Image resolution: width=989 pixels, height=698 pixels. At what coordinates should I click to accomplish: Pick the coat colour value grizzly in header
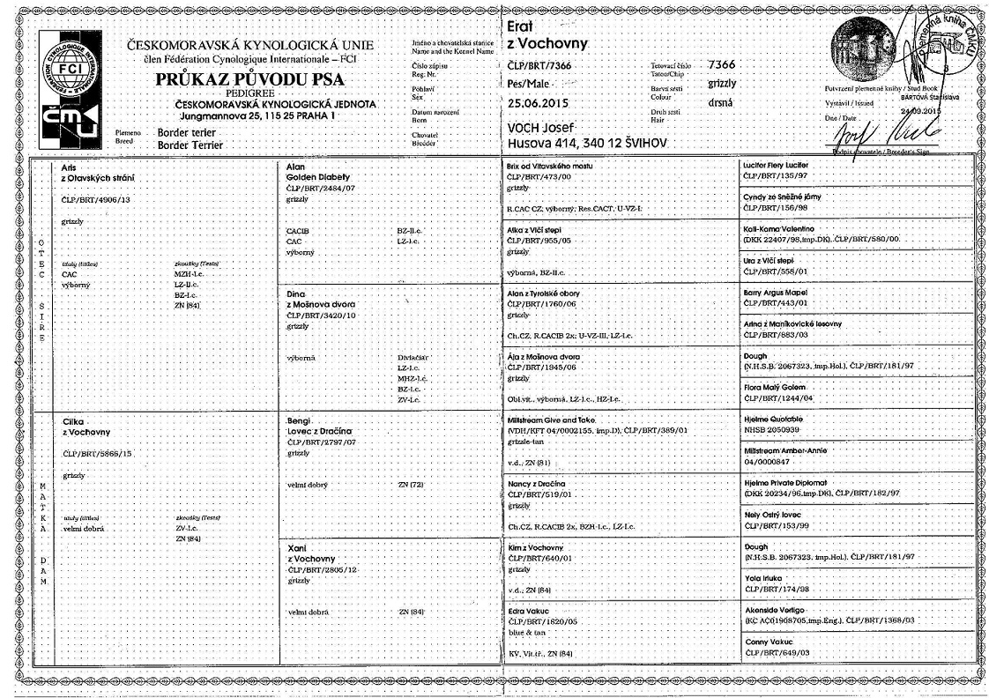[x=723, y=84]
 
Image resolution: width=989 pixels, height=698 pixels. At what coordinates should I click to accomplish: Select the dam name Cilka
[x=73, y=422]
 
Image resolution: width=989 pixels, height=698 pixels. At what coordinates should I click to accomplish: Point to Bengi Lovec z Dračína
[x=317, y=426]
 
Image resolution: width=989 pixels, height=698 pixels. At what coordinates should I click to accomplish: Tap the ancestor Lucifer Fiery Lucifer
[x=777, y=165]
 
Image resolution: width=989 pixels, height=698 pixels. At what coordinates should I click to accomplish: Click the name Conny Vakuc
[x=768, y=641]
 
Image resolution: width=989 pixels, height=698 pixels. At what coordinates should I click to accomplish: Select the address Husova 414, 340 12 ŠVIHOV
[x=588, y=142]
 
